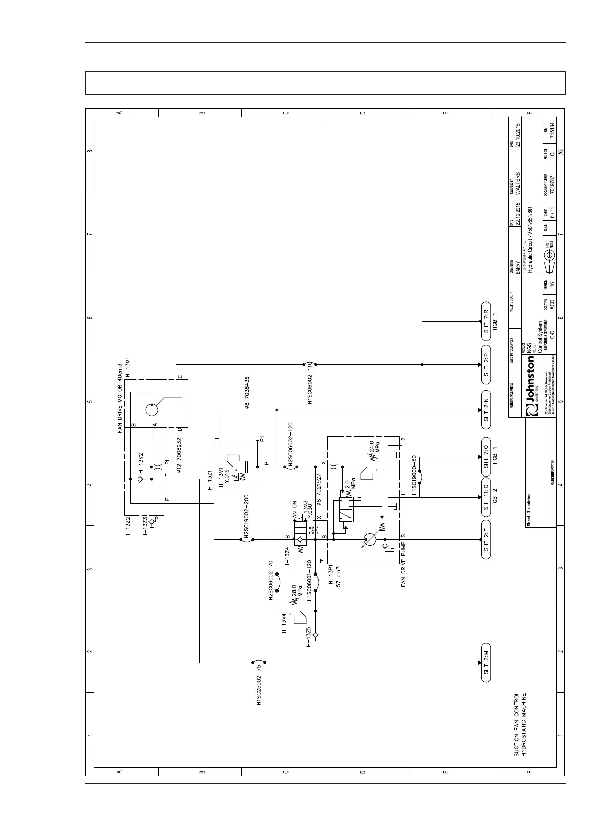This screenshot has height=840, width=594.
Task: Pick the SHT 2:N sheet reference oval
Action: tap(486, 410)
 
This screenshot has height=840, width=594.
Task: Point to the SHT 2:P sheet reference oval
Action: tap(486, 364)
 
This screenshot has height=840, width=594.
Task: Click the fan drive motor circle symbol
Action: tap(152, 410)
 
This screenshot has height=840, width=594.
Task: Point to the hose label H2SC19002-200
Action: tap(246, 518)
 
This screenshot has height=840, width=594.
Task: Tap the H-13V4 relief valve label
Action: tap(284, 623)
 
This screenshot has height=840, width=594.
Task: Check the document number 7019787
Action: tap(552, 184)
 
